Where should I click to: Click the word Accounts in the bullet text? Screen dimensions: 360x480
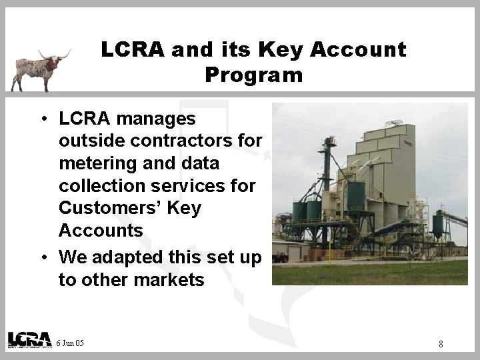coord(101,231)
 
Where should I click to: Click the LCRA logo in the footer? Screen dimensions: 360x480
coord(29,339)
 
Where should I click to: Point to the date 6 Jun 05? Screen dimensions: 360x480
coord(71,342)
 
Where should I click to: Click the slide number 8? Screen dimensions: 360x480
coord(441,344)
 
